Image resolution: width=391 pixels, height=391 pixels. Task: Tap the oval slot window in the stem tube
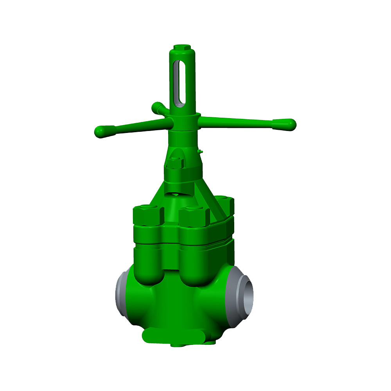(179, 82)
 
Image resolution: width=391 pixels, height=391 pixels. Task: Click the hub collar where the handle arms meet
(184, 122)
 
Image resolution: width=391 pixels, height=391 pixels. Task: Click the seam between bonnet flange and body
(184, 244)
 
